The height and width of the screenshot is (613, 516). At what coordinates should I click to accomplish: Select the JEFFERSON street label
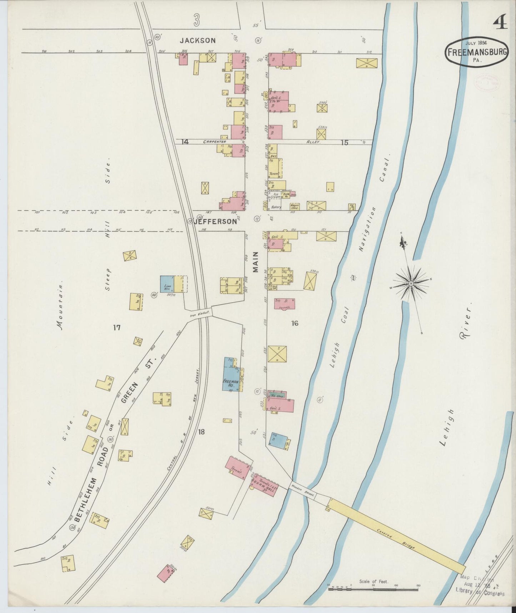tap(215, 222)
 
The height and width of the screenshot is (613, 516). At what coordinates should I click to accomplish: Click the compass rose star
tap(411, 283)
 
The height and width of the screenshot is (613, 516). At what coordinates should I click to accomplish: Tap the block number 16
tap(295, 323)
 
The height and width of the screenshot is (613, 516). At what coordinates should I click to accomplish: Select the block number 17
tap(116, 327)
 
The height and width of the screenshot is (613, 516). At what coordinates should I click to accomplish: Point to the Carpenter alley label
tap(215, 142)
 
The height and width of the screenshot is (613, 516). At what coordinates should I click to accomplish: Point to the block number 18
tap(201, 432)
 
